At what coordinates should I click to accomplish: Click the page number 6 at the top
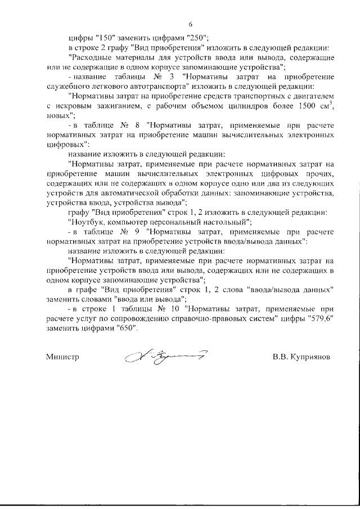point(190,24)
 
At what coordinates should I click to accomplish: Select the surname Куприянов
point(308,357)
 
